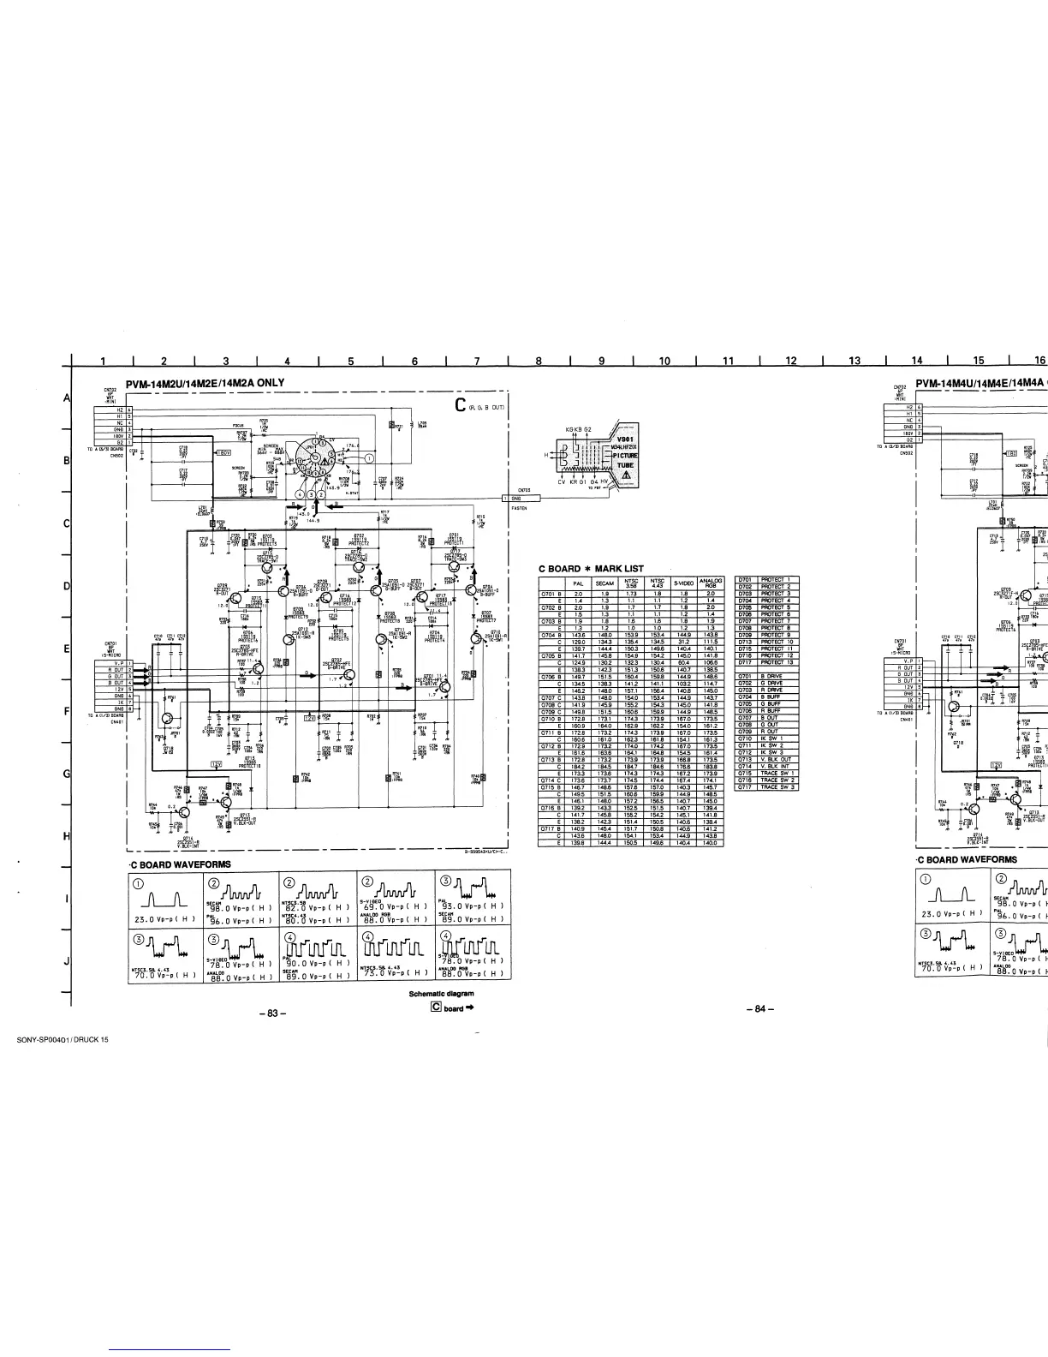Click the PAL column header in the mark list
pyautogui.click(x=578, y=583)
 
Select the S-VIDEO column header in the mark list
pyautogui.click(x=684, y=583)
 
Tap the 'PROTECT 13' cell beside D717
pyautogui.click(x=777, y=662)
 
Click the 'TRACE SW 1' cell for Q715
pyautogui.click(x=777, y=773)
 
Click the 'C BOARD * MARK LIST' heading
pyautogui.click(x=590, y=569)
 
